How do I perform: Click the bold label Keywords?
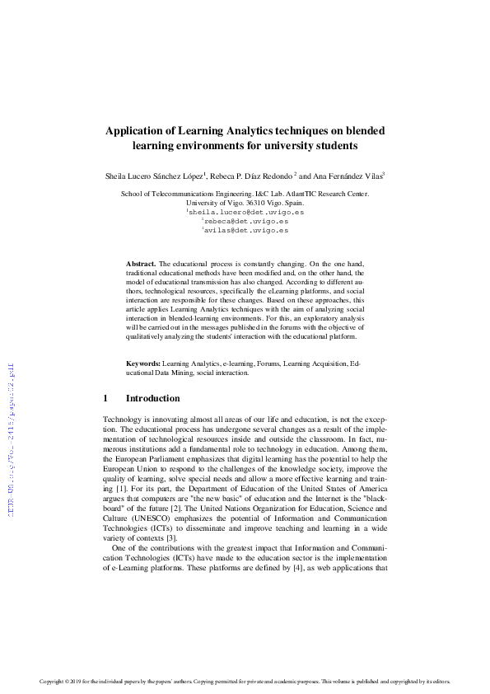coord(142,363)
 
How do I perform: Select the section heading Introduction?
coord(152,399)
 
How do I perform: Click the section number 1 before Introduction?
coord(105,399)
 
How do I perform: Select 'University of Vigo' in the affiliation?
coord(215,202)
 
